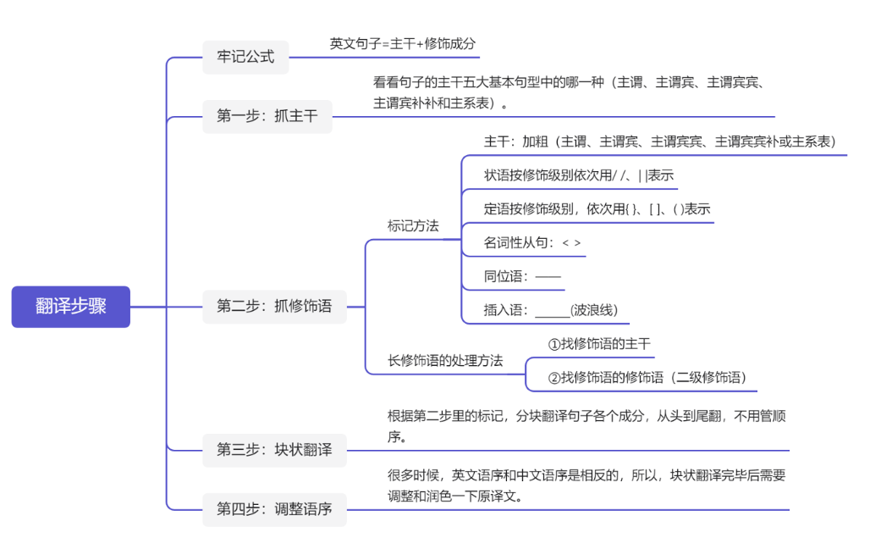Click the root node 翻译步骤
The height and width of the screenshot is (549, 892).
coord(71,307)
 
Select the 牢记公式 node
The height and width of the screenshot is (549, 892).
coord(245,58)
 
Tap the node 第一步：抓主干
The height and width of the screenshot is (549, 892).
coord(267,116)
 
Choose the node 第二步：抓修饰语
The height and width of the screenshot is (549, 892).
coord(274,307)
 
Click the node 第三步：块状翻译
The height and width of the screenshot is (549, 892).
coord(274,450)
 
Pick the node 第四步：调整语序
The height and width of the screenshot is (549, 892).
coord(274,509)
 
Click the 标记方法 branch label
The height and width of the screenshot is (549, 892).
coord(413,226)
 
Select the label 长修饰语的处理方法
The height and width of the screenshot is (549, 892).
coord(445,360)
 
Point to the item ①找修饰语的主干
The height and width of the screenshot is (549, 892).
coord(599,344)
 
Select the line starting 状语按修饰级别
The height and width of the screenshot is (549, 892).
coord(579,175)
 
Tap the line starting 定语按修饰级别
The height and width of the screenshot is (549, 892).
coord(597,209)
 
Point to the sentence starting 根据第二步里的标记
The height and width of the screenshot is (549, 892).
coord(587,426)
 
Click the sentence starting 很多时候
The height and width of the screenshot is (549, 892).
coord(587,485)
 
